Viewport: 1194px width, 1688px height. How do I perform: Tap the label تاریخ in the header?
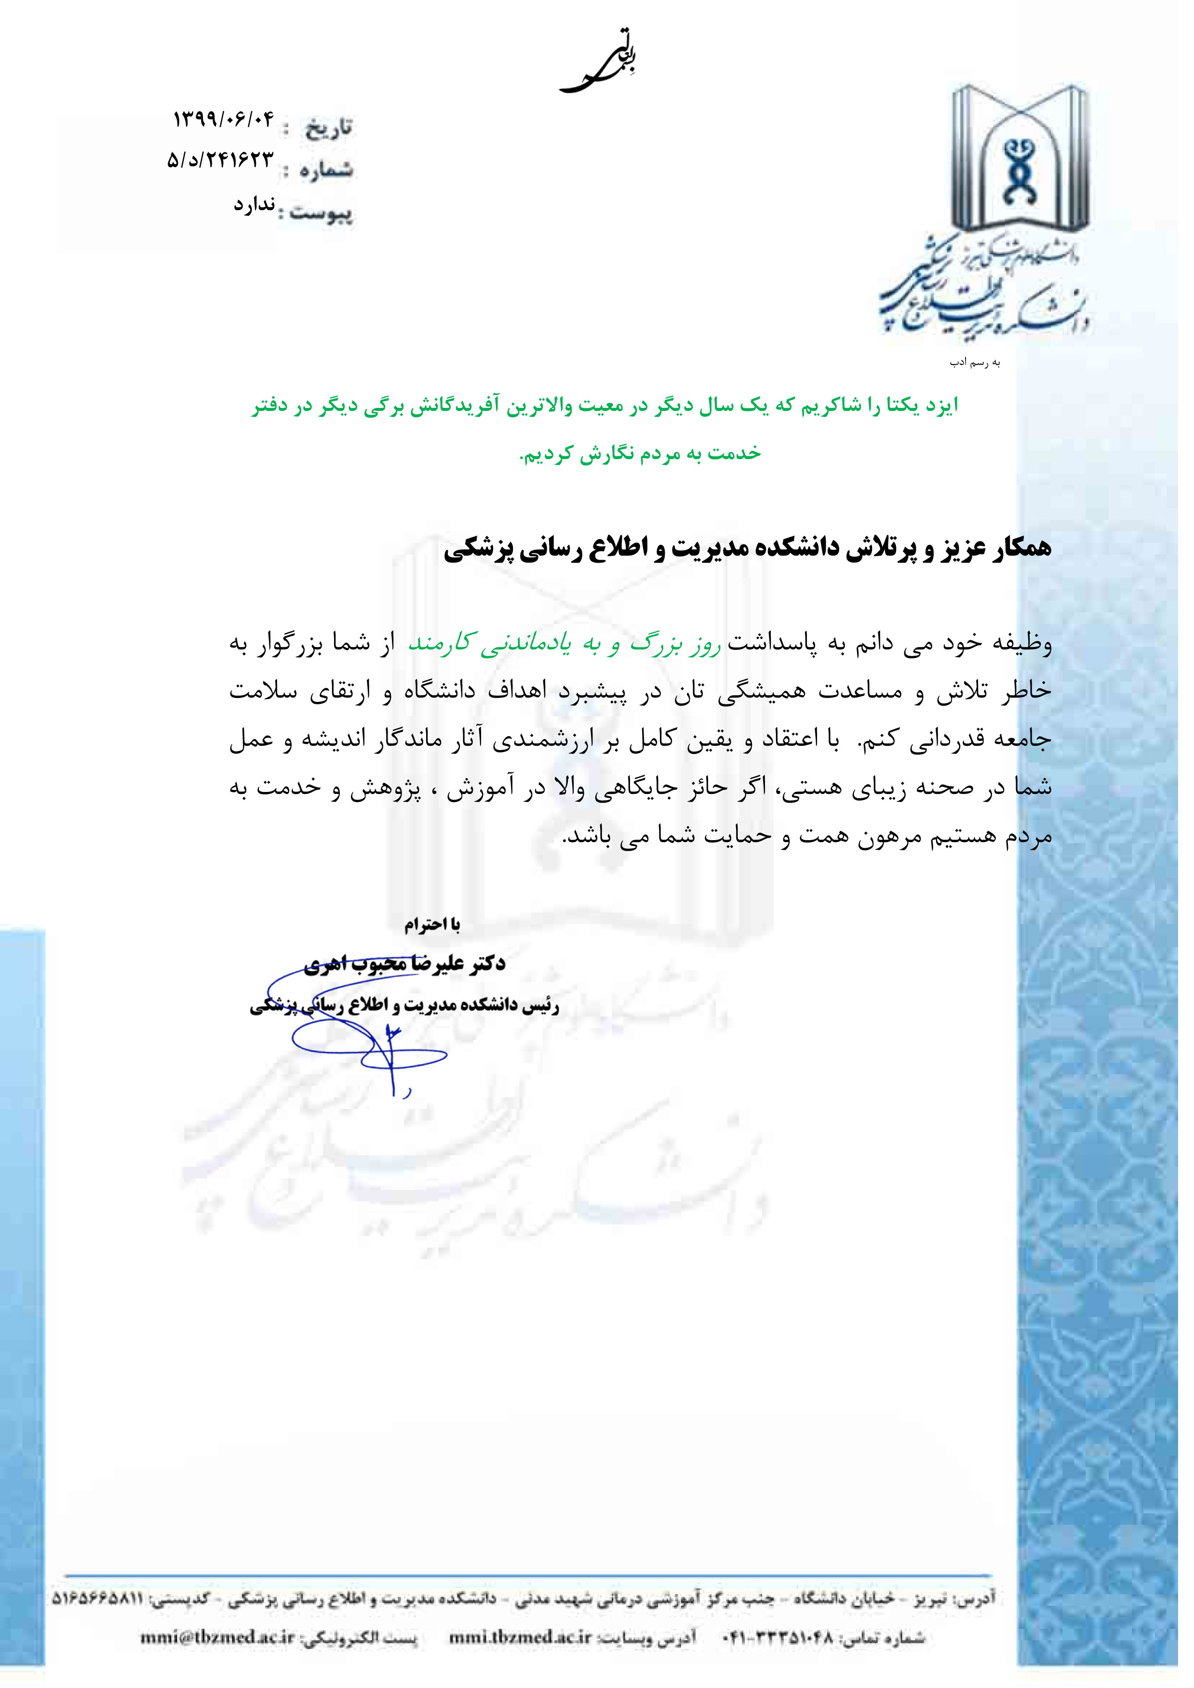click(329, 129)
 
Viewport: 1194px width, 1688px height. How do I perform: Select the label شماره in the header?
click(326, 171)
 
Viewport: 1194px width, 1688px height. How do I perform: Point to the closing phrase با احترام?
click(432, 924)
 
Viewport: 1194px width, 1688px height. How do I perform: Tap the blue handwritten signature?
click(368, 1037)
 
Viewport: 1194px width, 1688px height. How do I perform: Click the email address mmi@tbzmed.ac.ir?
click(218, 1638)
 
